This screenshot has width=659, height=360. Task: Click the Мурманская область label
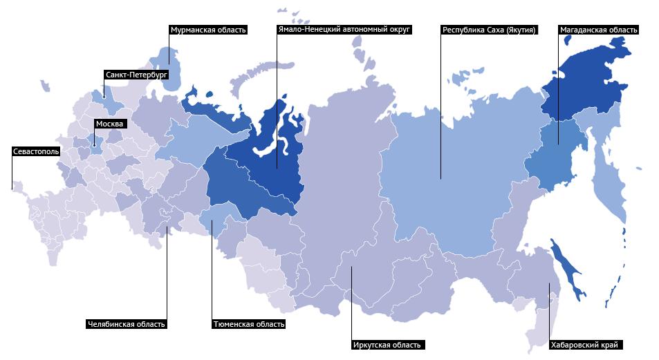coord(207,30)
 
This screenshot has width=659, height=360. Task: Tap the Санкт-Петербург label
coord(136,75)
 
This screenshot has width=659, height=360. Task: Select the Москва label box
coord(109,124)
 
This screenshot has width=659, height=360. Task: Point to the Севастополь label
coord(36,150)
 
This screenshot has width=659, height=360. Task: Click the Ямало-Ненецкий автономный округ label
coord(344,30)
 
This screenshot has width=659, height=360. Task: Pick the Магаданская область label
coord(598,30)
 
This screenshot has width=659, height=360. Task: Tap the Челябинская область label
coord(127,323)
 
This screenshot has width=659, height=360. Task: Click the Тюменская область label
coord(248,323)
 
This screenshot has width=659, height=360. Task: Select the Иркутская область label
coord(387,344)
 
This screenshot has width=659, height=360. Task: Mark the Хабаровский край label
coord(584,344)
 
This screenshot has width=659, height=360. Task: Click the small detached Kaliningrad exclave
coord(46,86)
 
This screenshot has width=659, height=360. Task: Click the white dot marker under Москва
coord(94,145)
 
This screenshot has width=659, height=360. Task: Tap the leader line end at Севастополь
coord(12,188)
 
